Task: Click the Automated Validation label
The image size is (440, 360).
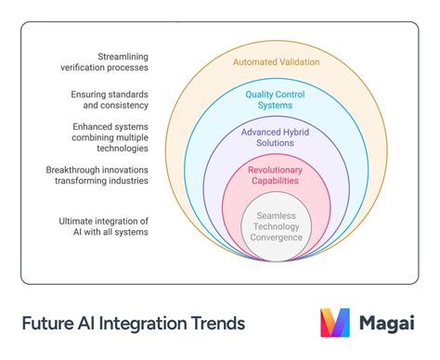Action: click(276, 61)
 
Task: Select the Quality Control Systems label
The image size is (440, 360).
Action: click(276, 100)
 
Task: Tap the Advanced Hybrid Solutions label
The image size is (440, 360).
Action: click(276, 136)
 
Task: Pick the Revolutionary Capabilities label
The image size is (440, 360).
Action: click(276, 175)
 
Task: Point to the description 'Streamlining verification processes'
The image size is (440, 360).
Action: click(115, 61)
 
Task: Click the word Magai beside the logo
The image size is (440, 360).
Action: click(388, 323)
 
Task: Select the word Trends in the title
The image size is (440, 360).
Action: click(218, 323)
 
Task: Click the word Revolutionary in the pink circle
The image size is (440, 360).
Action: click(276, 169)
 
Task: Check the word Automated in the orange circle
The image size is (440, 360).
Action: click(252, 61)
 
